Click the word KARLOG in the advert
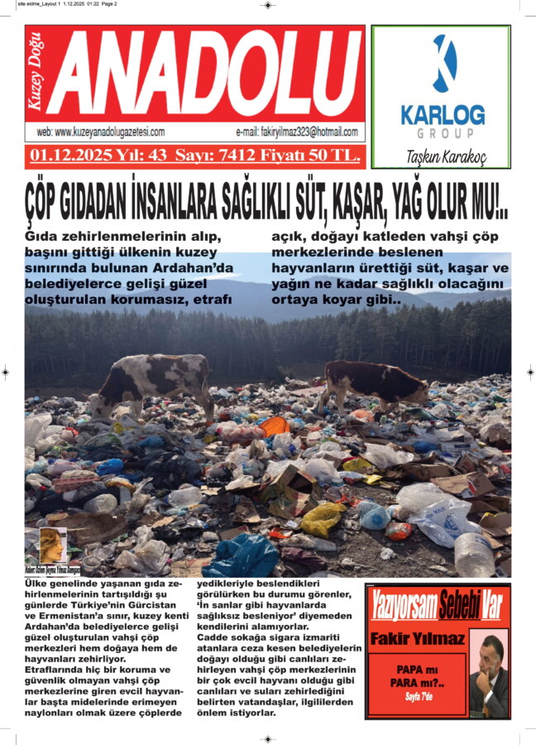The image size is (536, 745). click(x=443, y=113)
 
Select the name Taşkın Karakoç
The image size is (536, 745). click(x=446, y=157)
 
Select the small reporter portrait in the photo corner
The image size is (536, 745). click(x=51, y=546)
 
